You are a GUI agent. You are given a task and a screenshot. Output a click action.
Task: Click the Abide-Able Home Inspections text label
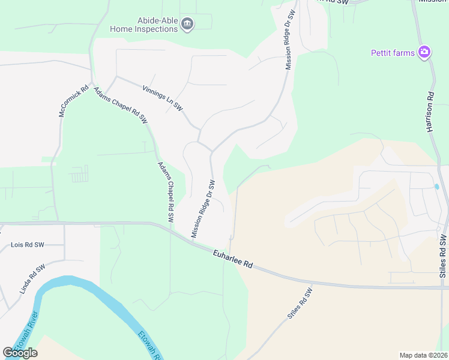[x=144, y=24]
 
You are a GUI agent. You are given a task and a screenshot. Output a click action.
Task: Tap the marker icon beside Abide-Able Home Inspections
[x=187, y=24]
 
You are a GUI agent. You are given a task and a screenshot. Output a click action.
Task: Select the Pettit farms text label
[x=393, y=53]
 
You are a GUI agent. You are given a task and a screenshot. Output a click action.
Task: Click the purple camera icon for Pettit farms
[x=424, y=53]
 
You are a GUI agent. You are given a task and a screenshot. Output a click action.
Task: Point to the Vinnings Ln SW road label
[x=163, y=97]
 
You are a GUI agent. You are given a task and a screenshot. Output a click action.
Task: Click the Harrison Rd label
[x=430, y=112]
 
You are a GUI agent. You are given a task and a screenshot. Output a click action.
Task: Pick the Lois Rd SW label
[x=28, y=245]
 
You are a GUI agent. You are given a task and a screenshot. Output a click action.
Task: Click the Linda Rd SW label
[x=32, y=280]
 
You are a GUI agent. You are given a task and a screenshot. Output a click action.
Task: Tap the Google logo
[x=20, y=352]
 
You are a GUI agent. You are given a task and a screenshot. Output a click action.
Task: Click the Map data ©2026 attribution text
[x=423, y=355]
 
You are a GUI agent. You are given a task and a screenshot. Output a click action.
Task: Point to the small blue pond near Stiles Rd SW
[x=436, y=187]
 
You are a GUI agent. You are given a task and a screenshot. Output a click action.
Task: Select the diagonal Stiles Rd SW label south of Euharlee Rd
[x=300, y=304]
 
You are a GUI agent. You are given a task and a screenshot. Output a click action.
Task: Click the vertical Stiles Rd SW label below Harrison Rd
[x=443, y=256]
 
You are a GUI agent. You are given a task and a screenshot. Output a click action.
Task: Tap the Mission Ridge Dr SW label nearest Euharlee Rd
[x=202, y=208]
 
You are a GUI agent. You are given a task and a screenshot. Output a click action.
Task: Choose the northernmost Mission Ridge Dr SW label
[x=290, y=40]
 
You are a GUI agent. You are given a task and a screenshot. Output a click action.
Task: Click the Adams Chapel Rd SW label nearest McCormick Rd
[x=120, y=105]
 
